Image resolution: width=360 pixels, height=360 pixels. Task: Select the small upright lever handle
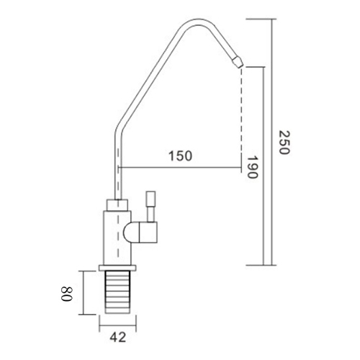(x=151, y=205)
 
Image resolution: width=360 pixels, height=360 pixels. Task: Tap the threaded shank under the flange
(x=116, y=292)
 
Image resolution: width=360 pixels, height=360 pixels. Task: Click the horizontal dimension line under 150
(x=180, y=168)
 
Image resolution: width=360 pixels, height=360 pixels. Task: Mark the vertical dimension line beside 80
(x=85, y=292)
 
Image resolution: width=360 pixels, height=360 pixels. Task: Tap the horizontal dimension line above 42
(x=116, y=320)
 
